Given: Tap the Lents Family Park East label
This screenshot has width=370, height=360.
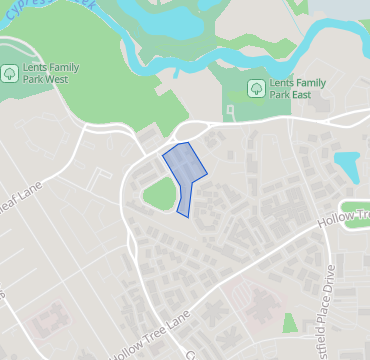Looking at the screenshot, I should point(293,88).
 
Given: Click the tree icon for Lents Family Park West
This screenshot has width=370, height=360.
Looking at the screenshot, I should point(9,72).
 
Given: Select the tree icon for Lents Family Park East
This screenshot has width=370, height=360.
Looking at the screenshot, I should point(255,88).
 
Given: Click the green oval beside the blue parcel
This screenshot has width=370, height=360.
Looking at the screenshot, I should point(158,195).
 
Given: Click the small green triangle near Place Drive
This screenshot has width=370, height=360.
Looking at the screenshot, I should point(290,323).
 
